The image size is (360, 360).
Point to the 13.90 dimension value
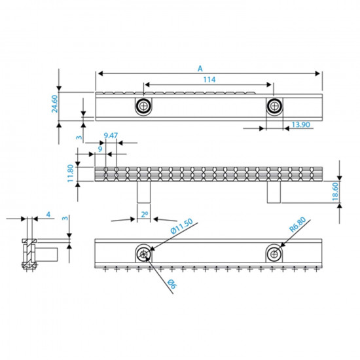pyautogui.click(x=301, y=124)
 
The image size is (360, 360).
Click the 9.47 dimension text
pyautogui.click(x=111, y=135)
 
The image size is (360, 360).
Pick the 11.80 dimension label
pyautogui.click(x=69, y=175)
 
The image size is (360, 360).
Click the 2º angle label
pyautogui.click(x=144, y=214)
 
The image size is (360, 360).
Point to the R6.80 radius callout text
pyautogui.click(x=298, y=228)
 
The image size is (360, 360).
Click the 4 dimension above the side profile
pyautogui.click(x=48, y=215)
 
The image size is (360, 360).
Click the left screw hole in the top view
pyautogui.click(x=142, y=105)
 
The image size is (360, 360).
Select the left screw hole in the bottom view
pyautogui.click(x=142, y=253)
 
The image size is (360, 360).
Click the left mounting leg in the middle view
pyautogui.click(x=143, y=193)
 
